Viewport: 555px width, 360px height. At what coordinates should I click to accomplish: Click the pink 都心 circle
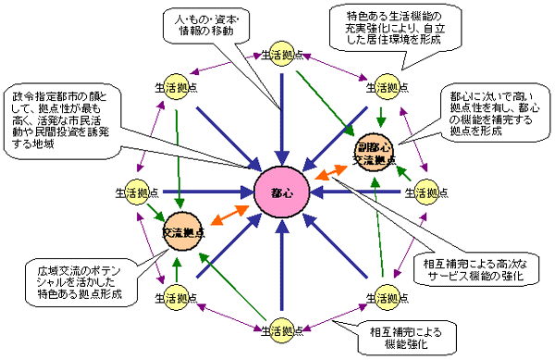click(x=281, y=193)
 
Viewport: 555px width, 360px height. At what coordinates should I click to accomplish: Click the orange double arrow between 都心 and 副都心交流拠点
click(x=328, y=175)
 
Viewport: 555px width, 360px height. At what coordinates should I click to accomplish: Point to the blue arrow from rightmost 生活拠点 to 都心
click(x=361, y=192)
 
